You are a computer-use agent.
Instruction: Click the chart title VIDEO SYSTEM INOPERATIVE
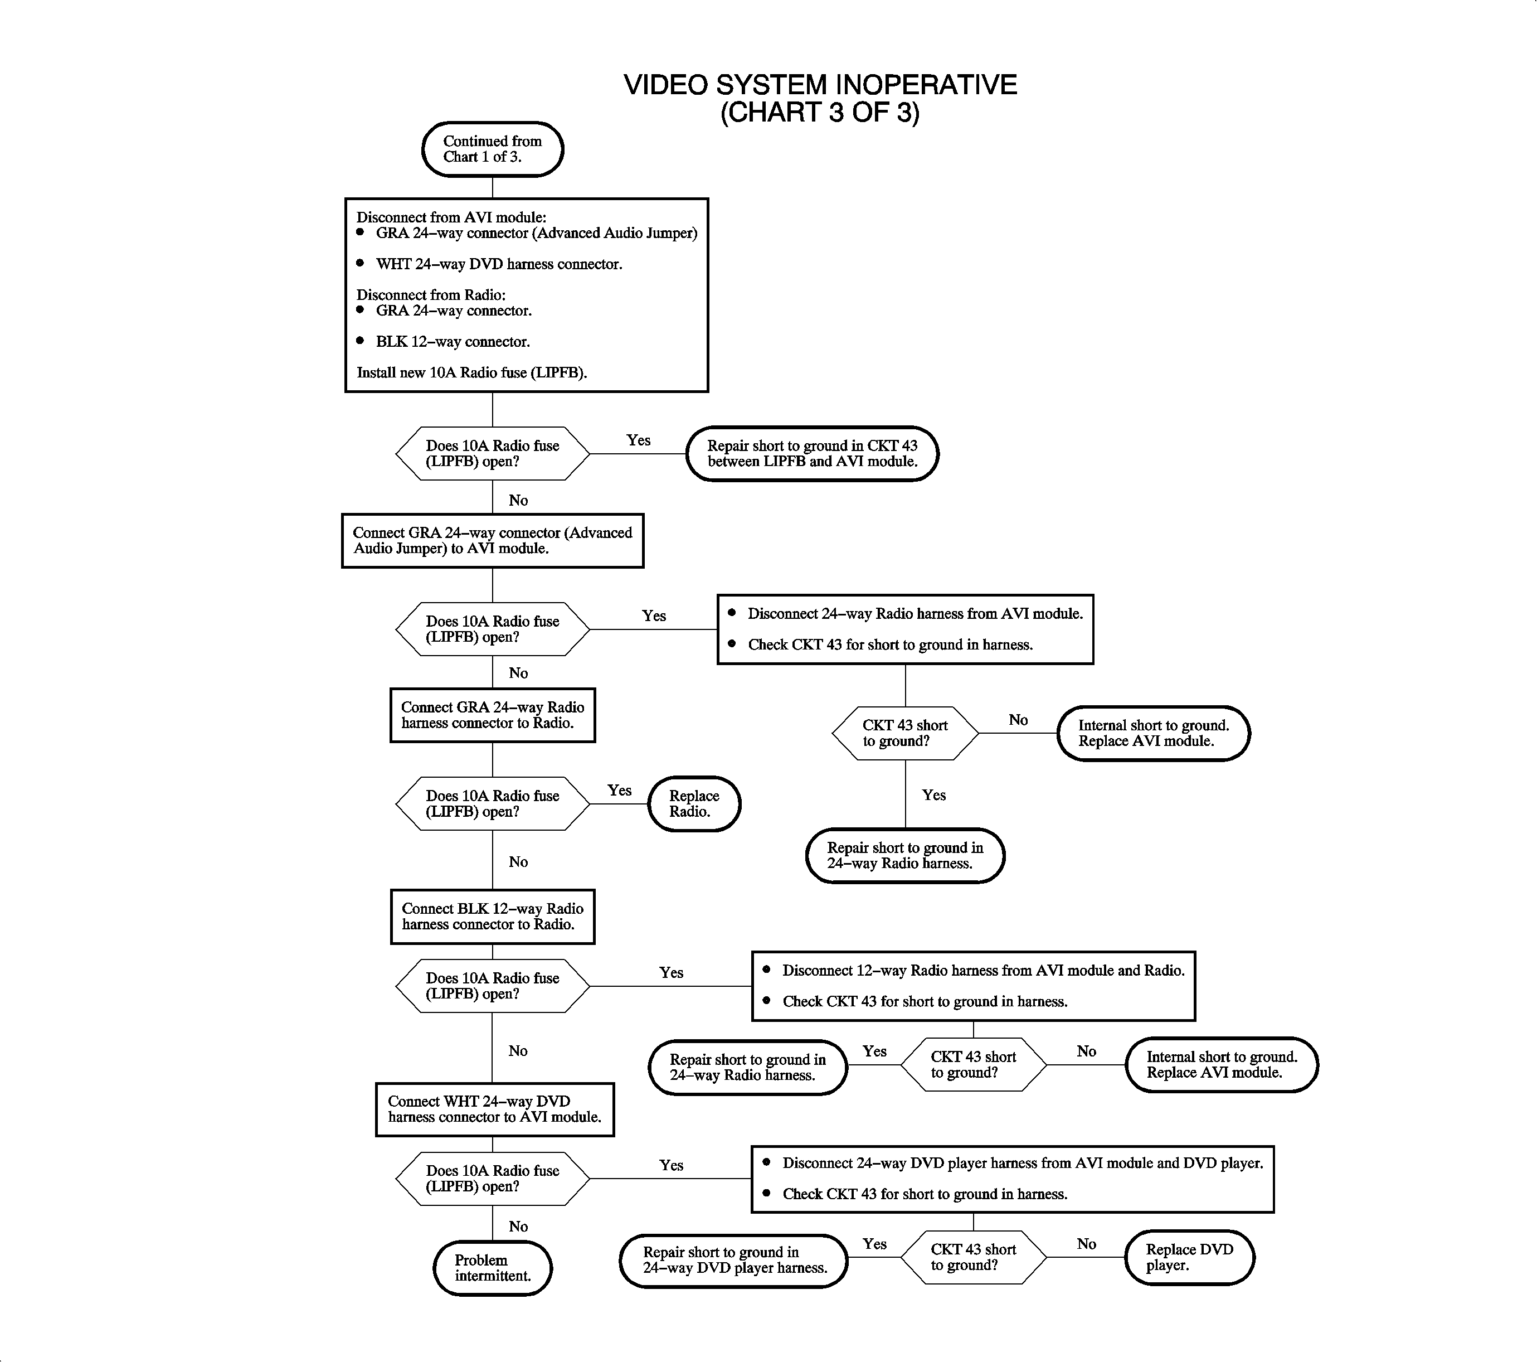click(820, 85)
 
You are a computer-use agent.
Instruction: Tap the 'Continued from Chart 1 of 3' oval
click(493, 149)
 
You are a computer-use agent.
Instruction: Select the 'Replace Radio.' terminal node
click(694, 804)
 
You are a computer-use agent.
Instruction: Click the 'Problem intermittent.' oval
click(493, 1268)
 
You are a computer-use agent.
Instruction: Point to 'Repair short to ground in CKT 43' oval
click(812, 453)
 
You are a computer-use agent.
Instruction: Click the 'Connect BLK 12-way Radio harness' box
click(493, 917)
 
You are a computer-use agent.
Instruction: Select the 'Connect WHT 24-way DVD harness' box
click(494, 1109)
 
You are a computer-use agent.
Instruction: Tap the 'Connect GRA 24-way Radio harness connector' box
click(493, 715)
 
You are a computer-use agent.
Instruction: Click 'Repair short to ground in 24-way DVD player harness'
click(734, 1261)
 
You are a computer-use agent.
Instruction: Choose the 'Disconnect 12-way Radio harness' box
click(973, 986)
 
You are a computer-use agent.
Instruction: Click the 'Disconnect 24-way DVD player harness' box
click(1012, 1179)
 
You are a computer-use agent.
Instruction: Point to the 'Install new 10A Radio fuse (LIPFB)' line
click(471, 373)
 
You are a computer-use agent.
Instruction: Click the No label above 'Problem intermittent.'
click(518, 1227)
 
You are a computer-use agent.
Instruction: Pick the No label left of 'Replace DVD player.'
click(1086, 1244)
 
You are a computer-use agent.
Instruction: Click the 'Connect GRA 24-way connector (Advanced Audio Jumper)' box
click(493, 541)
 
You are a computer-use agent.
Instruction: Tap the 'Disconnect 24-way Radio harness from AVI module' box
click(906, 629)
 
